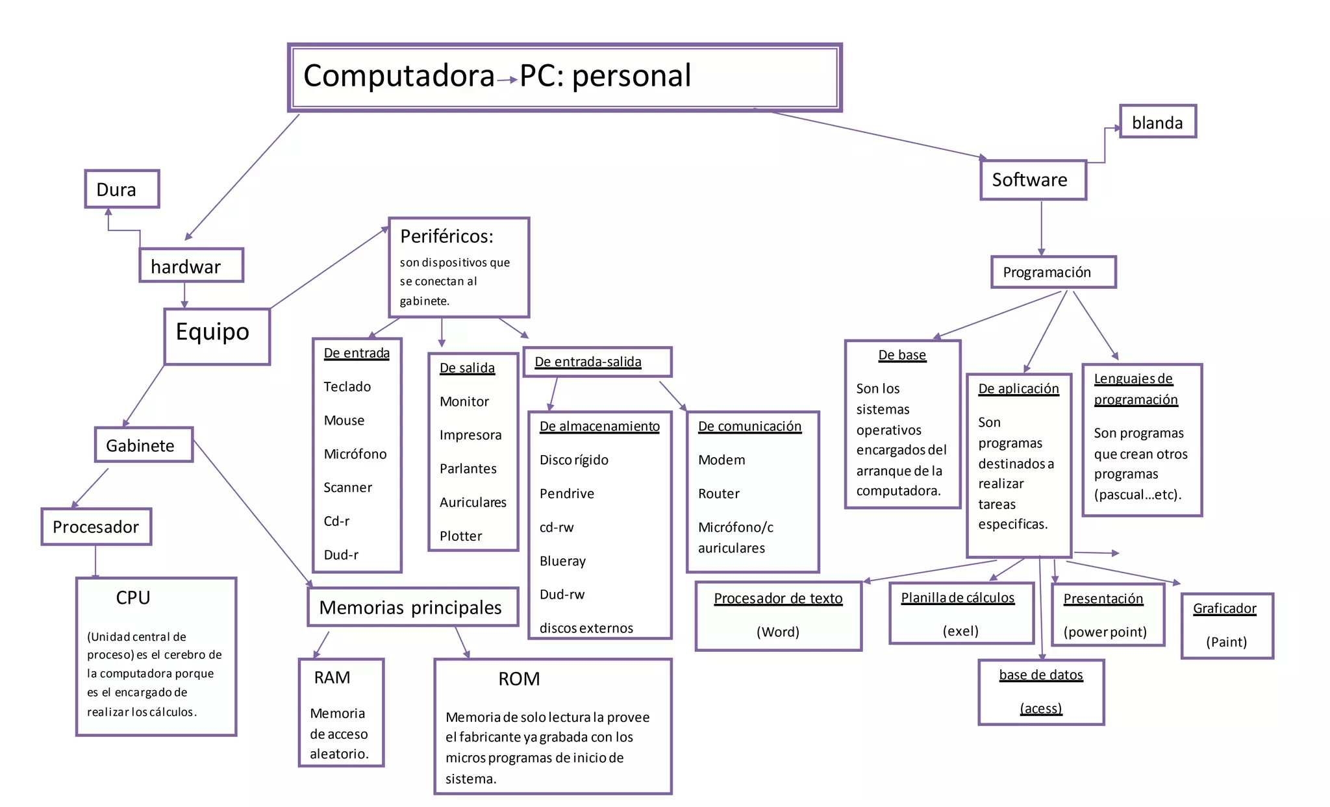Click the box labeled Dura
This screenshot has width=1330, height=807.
click(122, 189)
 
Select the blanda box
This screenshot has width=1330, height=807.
click(1157, 122)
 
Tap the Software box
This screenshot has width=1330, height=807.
click(1033, 180)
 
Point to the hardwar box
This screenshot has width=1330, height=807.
click(191, 266)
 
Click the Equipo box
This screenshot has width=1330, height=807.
click(217, 336)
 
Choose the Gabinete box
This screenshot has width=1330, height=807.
click(144, 445)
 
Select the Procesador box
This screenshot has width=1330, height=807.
click(96, 527)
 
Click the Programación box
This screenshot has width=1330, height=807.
click(1053, 272)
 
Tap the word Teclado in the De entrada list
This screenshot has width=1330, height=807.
click(347, 387)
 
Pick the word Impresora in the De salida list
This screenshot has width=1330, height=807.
click(470, 435)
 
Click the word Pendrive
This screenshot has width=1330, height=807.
click(566, 493)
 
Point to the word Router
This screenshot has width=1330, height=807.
click(718, 493)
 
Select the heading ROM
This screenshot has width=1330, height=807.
click(519, 679)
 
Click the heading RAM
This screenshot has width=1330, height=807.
click(332, 678)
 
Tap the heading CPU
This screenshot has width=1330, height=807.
click(133, 598)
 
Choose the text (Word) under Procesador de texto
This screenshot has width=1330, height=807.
click(777, 632)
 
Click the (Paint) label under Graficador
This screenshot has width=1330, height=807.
click(1226, 642)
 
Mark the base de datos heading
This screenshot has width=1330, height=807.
click(1040, 675)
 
